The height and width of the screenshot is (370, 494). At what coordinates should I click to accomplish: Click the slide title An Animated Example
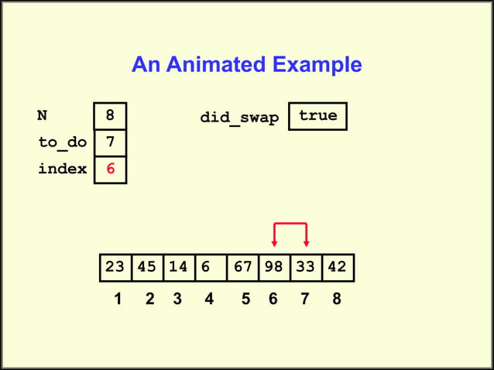tap(246, 64)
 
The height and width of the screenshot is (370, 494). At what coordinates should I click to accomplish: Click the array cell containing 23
tap(115, 267)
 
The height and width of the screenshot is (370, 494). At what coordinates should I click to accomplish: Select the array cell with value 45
tap(147, 267)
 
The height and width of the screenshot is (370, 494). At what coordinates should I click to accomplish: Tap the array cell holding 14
tap(179, 267)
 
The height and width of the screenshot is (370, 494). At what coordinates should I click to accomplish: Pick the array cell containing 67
tap(243, 267)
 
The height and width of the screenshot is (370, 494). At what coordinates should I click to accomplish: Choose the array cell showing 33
tap(306, 267)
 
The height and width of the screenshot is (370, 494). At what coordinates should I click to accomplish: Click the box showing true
tap(317, 116)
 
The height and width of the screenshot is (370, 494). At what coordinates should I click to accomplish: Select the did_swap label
tap(239, 118)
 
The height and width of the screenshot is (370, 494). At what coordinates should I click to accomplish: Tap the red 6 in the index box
tap(110, 169)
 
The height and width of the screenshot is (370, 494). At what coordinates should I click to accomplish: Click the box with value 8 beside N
tap(110, 116)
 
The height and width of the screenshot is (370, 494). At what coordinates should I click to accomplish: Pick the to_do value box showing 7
tap(110, 142)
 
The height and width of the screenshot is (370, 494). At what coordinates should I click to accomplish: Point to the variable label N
tap(42, 116)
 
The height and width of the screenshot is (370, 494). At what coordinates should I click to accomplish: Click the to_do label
tap(62, 143)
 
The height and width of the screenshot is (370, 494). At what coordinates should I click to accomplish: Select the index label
tap(62, 169)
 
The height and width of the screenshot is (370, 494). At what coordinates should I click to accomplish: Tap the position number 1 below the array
tap(117, 299)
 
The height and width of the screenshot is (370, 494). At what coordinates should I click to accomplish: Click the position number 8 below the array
tap(336, 299)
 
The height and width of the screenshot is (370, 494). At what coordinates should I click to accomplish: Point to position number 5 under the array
tap(245, 299)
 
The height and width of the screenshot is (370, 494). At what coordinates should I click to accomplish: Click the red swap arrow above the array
tap(291, 224)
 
